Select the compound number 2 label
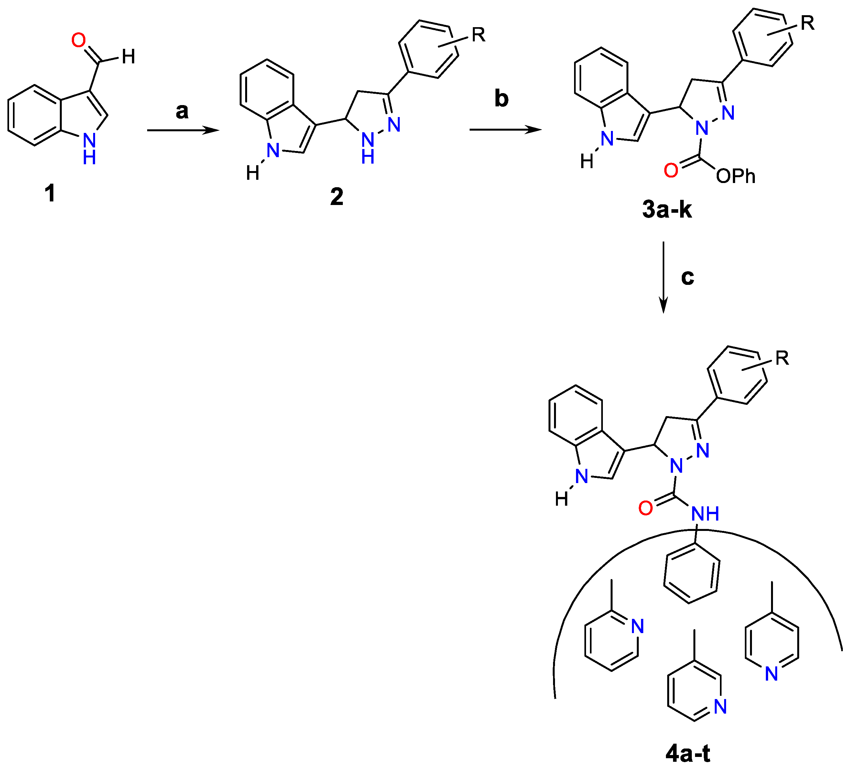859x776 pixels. [x=337, y=197]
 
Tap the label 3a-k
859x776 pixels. [x=667, y=210]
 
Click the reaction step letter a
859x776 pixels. [x=182, y=111]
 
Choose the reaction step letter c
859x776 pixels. [x=688, y=277]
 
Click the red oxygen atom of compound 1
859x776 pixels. [x=78, y=40]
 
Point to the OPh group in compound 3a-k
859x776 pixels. [x=735, y=176]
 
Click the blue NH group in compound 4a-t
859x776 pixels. [x=705, y=514]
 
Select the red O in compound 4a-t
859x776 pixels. [x=646, y=508]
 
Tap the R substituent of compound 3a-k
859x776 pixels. [x=808, y=23]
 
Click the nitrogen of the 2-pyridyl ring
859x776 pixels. [x=637, y=626]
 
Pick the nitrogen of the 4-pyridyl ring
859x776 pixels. [x=771, y=674]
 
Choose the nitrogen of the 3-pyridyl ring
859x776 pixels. [x=720, y=706]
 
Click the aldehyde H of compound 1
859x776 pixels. [x=128, y=57]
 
